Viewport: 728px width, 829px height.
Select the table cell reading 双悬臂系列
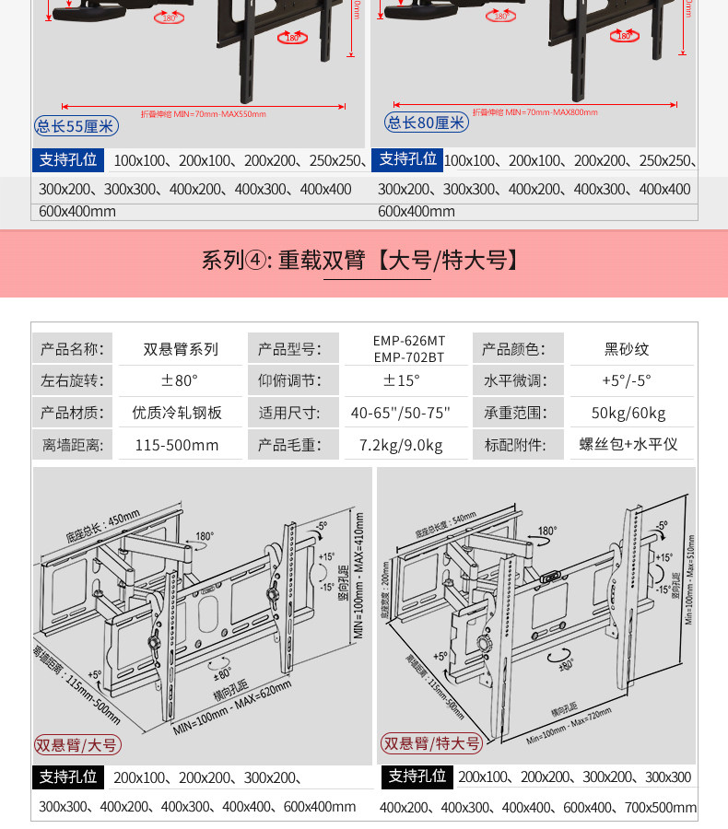pos(181,349)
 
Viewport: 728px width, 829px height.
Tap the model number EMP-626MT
pos(409,341)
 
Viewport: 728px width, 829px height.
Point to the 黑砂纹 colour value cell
pos(627,349)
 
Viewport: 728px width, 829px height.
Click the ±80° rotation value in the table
pos(181,380)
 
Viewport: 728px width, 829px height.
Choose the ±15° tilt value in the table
pos(402,380)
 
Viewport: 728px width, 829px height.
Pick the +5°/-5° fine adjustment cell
pos(627,380)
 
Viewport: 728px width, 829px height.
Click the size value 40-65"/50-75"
pos(401,413)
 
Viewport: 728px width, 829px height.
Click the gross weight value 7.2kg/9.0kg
pos(401,446)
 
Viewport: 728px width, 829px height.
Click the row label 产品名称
pos(73,349)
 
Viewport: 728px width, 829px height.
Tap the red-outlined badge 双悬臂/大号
pos(77,744)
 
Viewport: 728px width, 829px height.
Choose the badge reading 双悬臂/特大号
pos(432,743)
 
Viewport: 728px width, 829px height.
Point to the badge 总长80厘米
pos(427,122)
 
